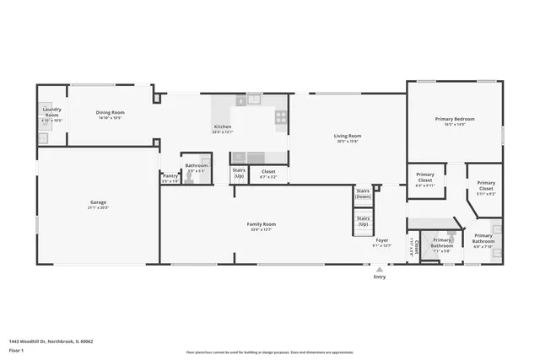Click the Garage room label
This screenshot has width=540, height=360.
99,202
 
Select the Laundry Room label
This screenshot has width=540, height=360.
51,112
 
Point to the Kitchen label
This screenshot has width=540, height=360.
222,126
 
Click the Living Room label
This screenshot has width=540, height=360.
348,136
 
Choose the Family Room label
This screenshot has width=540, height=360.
262,224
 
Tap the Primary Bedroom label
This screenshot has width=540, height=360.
455,119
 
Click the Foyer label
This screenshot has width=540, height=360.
382,240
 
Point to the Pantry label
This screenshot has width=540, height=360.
170,176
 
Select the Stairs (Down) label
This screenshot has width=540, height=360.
363,194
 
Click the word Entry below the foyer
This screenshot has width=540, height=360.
380,277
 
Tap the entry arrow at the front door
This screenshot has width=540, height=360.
380,269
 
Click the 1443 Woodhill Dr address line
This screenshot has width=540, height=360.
51,341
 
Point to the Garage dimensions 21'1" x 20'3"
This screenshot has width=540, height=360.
99,207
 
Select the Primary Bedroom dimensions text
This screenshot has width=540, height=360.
455,124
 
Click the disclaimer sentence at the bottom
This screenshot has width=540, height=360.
270,352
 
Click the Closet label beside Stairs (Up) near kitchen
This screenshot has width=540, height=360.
268,174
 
